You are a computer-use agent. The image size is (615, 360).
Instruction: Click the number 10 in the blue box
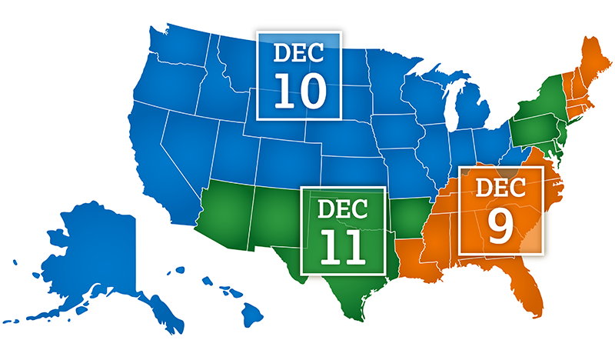tap(301, 89)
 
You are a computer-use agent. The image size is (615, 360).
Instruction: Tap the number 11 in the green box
tap(343, 244)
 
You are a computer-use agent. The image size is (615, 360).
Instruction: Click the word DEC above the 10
tap(301, 54)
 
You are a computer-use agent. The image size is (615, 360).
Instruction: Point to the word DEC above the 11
tap(343, 208)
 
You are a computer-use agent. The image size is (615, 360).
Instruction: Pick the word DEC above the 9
tap(500, 187)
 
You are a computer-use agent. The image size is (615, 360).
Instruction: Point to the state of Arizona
tap(223, 215)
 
